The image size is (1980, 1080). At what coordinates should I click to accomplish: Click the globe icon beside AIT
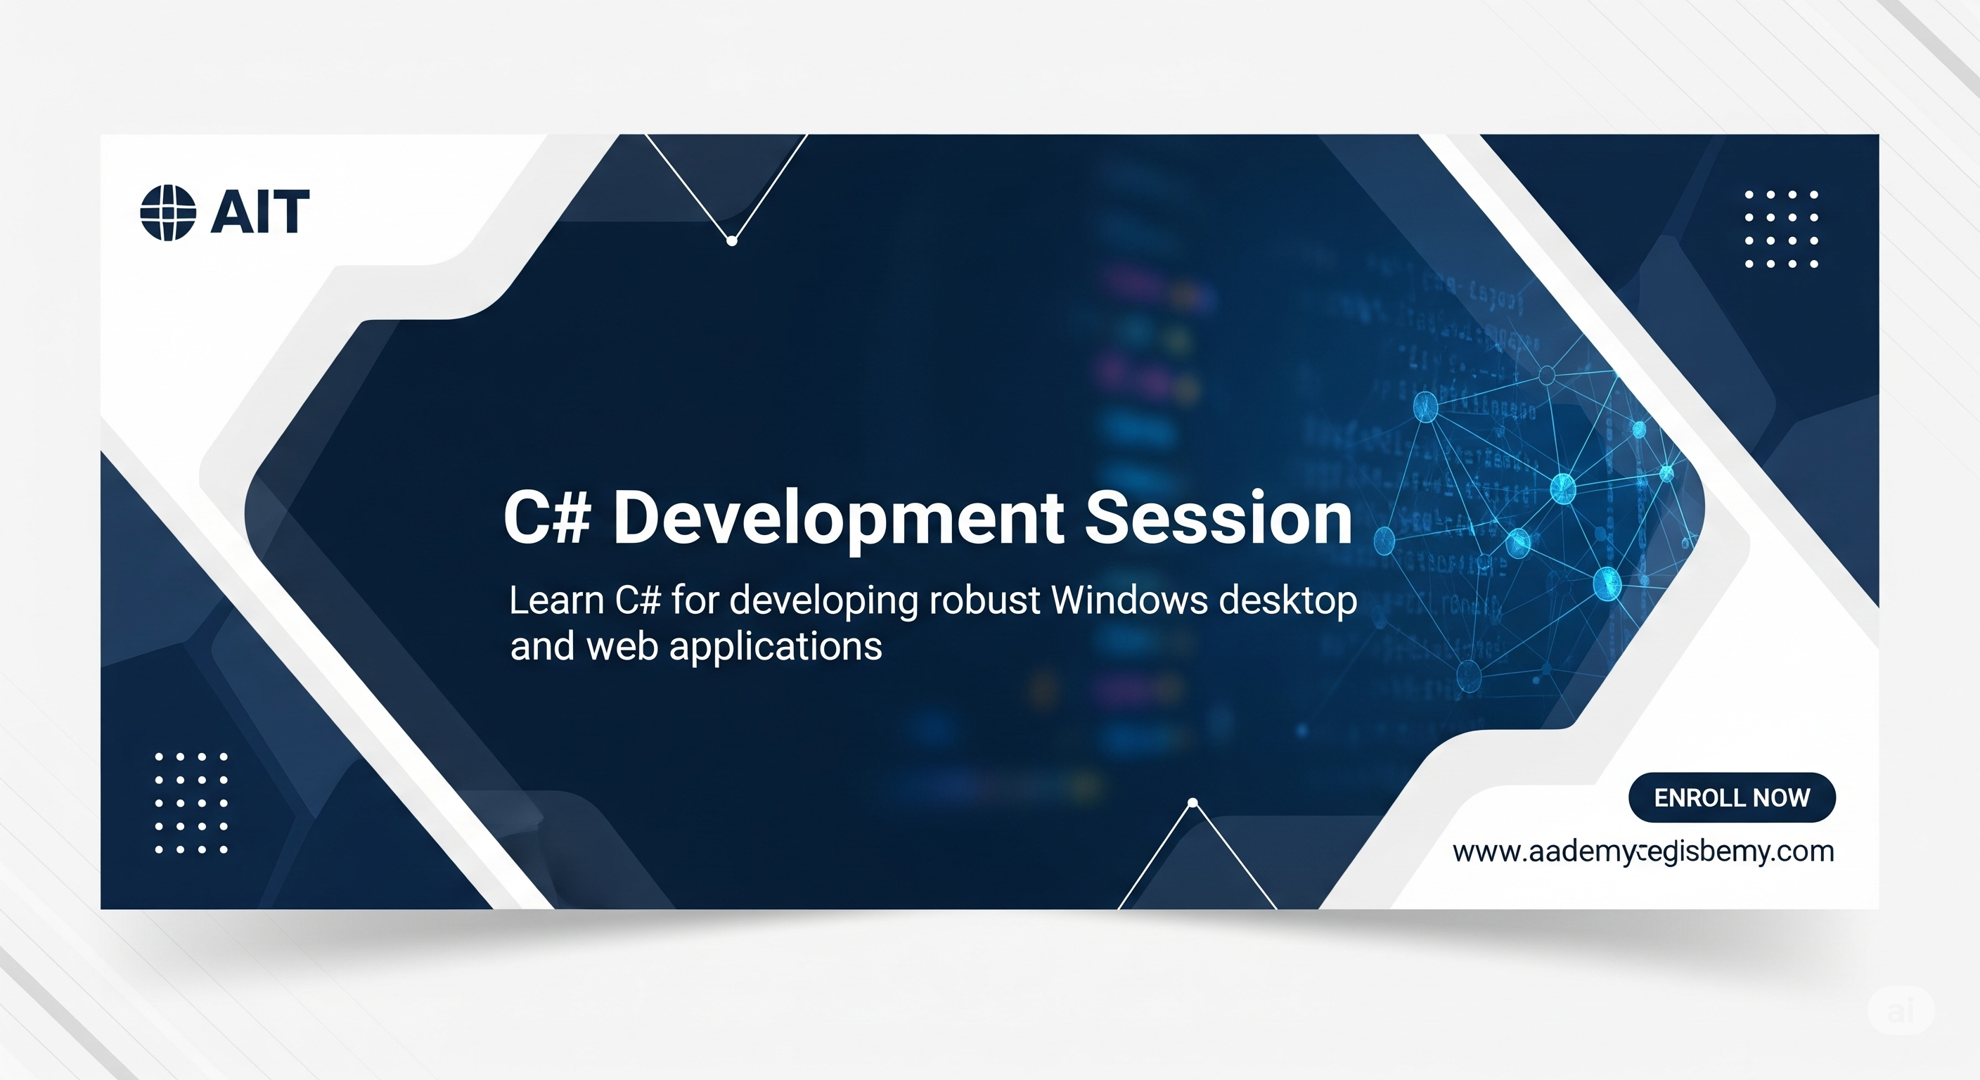[x=167, y=213]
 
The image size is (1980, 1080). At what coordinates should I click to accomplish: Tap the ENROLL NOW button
[x=1731, y=797]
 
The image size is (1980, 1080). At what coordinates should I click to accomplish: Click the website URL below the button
[x=1642, y=851]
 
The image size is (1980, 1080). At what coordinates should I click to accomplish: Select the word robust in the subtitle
[x=984, y=600]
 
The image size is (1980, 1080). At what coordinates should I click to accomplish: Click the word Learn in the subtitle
[x=556, y=600]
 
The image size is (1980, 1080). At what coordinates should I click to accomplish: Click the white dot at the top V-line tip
[x=732, y=241]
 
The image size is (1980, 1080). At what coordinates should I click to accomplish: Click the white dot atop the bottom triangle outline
[x=1193, y=803]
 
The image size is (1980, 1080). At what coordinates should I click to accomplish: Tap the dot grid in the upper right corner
[x=1781, y=229]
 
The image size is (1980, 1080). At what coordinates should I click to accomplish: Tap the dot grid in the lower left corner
[x=191, y=803]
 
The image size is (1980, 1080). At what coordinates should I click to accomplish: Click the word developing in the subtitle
[x=823, y=602]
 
